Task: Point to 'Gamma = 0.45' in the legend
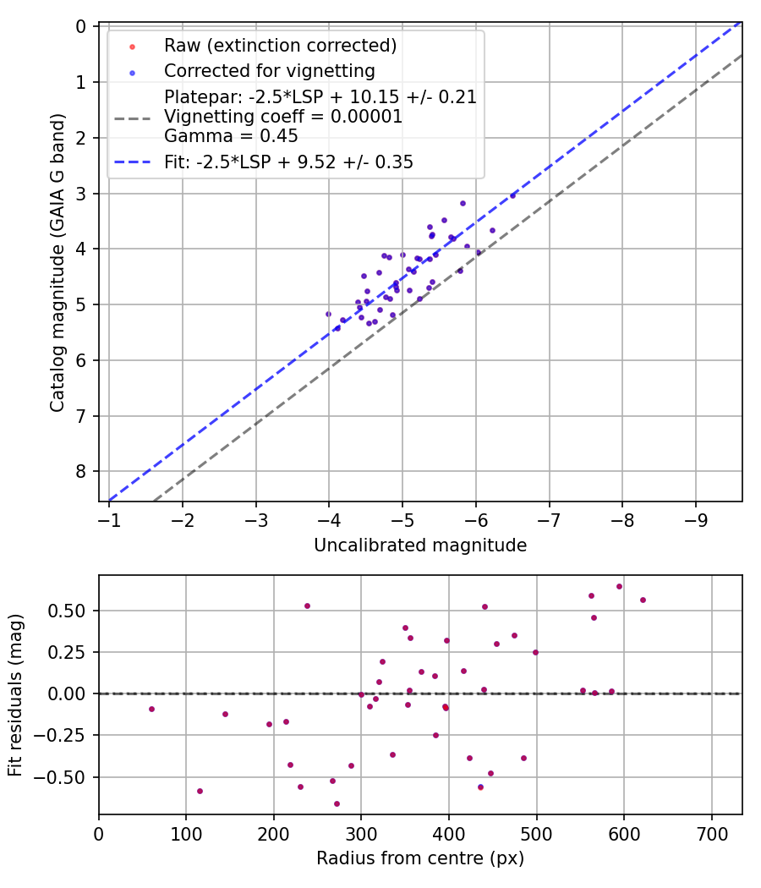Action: coord(231,135)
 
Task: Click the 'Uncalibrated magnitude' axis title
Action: coord(420,545)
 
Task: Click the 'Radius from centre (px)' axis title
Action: coord(420,858)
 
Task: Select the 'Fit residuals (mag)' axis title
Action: coord(15,695)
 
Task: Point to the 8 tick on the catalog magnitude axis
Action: coord(81,471)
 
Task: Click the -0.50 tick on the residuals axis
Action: coord(70,776)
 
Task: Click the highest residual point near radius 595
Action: coord(619,586)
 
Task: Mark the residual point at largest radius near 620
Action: coord(643,600)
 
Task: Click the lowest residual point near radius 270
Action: coord(337,803)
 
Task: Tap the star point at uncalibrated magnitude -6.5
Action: coord(512,195)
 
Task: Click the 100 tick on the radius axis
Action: coord(186,832)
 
